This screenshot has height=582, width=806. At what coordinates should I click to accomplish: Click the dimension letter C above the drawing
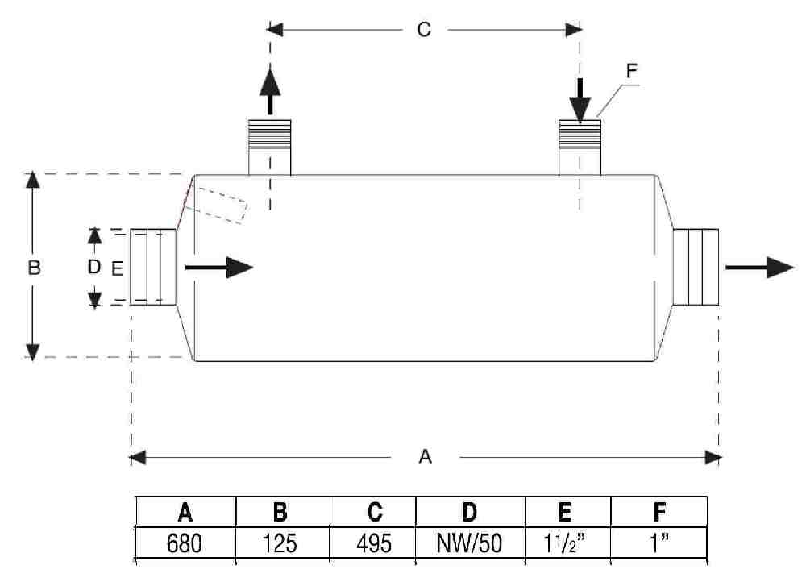[x=424, y=30]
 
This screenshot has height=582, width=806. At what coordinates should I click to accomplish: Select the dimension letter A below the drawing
[x=425, y=456]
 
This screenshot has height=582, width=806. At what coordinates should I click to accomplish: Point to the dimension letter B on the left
[x=34, y=268]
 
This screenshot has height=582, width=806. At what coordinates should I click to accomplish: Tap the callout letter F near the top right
[x=632, y=70]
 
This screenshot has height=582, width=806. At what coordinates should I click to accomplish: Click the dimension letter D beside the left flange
[x=94, y=266]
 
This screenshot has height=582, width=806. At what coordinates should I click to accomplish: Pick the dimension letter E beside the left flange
[x=117, y=268]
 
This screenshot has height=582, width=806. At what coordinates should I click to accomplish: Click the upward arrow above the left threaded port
[x=270, y=92]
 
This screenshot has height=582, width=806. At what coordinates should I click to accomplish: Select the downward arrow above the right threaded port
[x=580, y=101]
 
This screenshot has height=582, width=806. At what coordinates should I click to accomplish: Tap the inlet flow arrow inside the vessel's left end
[x=219, y=268]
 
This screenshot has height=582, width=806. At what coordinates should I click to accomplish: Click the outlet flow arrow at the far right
[x=760, y=268]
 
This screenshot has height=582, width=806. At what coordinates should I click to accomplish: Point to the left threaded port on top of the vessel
[x=270, y=148]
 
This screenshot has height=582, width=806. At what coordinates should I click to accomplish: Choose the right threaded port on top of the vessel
[x=580, y=148]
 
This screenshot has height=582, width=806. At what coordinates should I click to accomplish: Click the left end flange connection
[x=152, y=267]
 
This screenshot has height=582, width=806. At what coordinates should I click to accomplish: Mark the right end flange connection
[x=696, y=267]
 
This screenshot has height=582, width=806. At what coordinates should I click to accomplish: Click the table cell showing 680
[x=185, y=543]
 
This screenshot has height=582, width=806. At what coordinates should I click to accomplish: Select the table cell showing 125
[x=280, y=543]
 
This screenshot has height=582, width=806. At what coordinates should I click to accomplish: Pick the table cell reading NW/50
[x=469, y=543]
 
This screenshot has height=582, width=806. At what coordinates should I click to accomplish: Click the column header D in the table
[x=469, y=512]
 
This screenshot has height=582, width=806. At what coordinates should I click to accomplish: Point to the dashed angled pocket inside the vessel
[x=216, y=206]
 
